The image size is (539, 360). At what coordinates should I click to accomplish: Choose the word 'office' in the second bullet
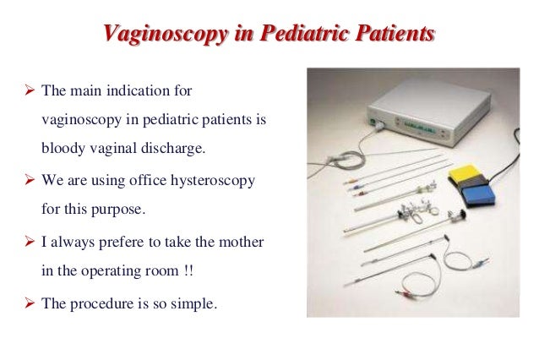149,181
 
